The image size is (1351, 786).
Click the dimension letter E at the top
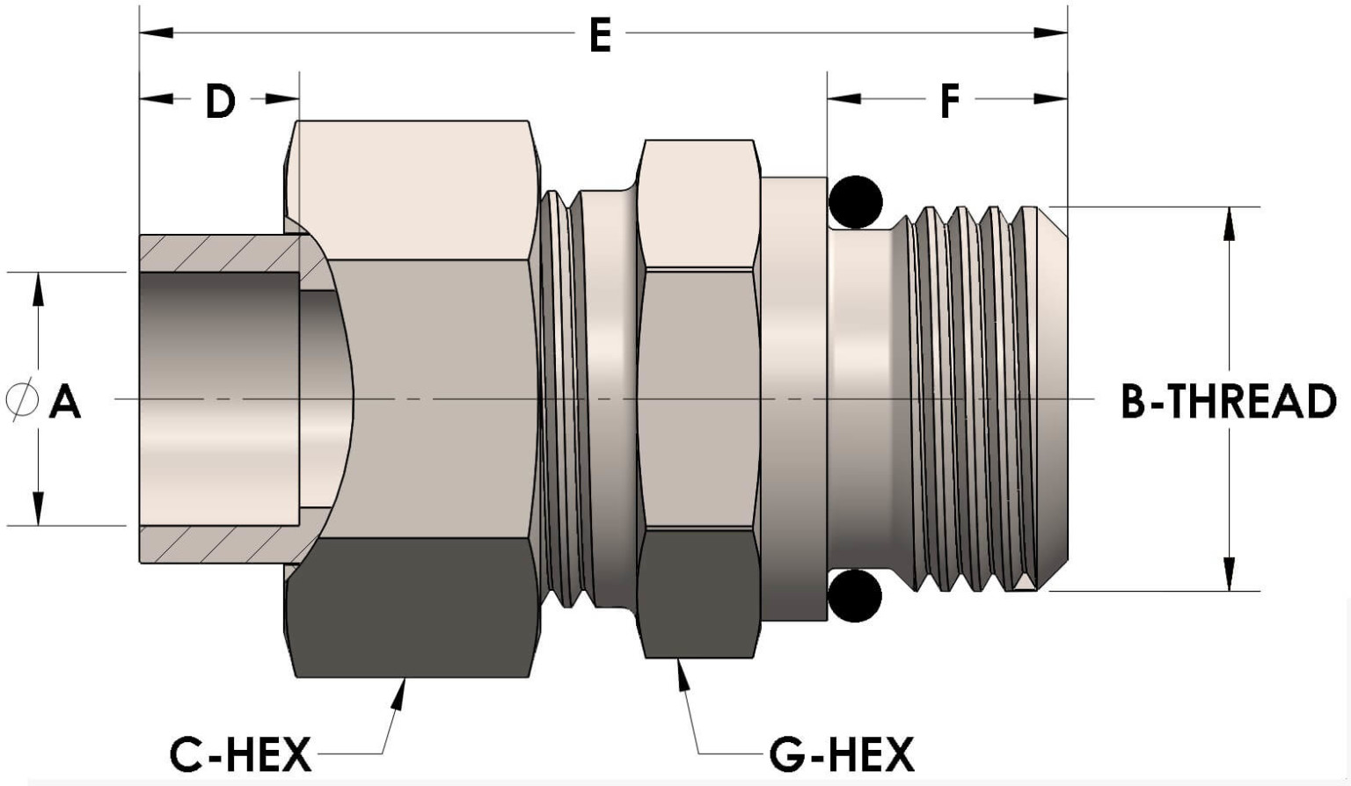[x=601, y=35]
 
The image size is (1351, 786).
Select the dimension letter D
[x=220, y=100]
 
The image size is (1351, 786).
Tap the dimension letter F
[x=950, y=100]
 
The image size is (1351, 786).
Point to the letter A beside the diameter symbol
[x=64, y=402]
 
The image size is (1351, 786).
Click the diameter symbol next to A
[x=21, y=400]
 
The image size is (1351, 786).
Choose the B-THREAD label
[x=1229, y=401]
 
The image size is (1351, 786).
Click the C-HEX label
[x=240, y=754]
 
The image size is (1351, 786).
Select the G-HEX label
[x=842, y=754]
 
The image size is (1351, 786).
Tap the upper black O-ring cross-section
[x=855, y=202]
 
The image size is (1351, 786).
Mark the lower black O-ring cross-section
[x=855, y=595]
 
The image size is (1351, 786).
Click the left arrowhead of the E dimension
[x=157, y=33]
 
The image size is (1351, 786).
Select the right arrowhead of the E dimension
[x=1051, y=33]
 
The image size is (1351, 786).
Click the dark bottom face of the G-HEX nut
[x=698, y=593]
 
